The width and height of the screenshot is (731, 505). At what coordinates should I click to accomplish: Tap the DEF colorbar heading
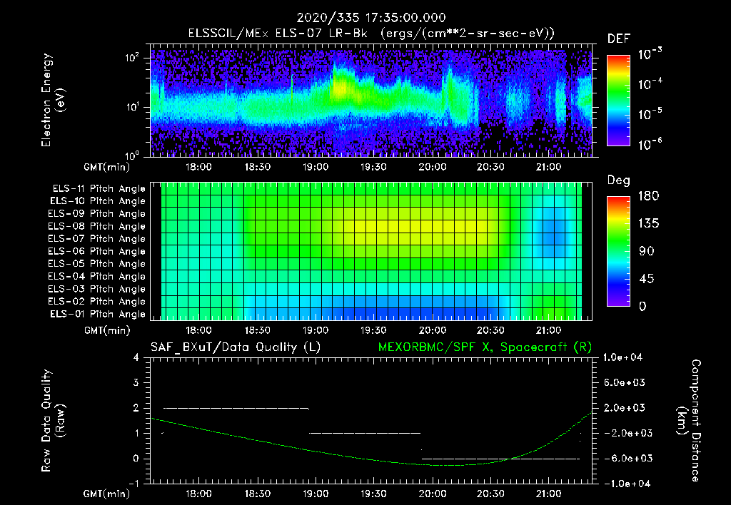[617, 39]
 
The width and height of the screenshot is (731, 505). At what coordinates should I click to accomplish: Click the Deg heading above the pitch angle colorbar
[618, 180]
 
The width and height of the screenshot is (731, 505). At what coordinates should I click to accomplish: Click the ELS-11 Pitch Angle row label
[99, 189]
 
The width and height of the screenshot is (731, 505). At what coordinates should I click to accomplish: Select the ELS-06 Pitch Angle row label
[99, 252]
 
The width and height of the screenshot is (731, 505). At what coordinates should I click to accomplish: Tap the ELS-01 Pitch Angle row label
[99, 315]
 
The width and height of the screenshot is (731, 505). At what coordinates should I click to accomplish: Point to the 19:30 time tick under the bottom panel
[373, 493]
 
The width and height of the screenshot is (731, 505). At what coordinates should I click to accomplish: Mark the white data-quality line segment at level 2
[236, 408]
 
